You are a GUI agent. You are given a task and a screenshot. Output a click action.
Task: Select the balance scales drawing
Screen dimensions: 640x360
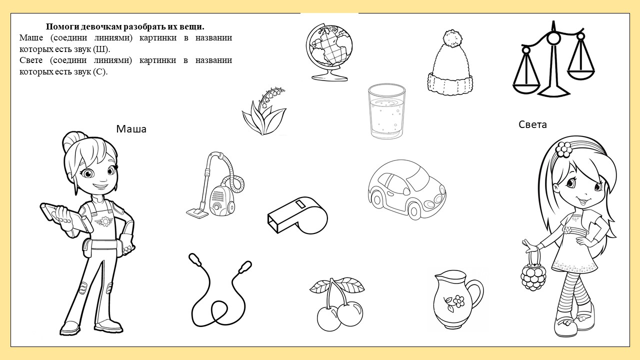553,58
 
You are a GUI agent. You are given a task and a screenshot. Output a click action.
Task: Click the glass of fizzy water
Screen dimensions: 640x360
386,111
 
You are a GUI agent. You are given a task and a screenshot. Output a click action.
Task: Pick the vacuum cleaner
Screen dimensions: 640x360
215,184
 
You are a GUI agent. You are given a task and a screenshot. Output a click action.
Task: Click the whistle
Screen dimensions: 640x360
297,215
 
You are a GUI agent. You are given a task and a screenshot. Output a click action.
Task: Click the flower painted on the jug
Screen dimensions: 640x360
455,302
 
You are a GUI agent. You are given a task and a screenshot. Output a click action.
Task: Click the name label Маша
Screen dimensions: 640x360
131,129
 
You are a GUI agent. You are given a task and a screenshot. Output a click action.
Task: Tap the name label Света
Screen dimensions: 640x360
532,124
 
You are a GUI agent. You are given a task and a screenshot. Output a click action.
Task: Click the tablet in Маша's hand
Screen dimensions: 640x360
66,217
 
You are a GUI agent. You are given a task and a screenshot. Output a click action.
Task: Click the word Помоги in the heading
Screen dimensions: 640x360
62,27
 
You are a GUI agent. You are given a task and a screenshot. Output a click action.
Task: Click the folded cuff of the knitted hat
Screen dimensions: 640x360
450,83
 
